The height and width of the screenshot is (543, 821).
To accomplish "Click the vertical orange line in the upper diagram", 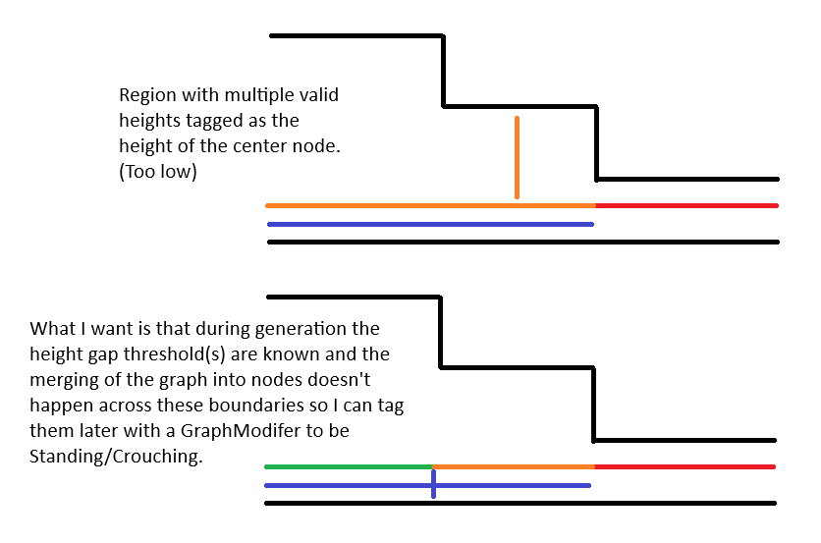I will click(517, 157).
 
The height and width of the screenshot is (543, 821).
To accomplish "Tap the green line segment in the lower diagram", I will click(349, 466).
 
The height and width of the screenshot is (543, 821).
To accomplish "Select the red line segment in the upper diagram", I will click(685, 205).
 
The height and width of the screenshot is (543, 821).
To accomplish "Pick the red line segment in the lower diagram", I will click(684, 466).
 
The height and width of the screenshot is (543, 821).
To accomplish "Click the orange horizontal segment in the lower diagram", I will click(514, 466).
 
